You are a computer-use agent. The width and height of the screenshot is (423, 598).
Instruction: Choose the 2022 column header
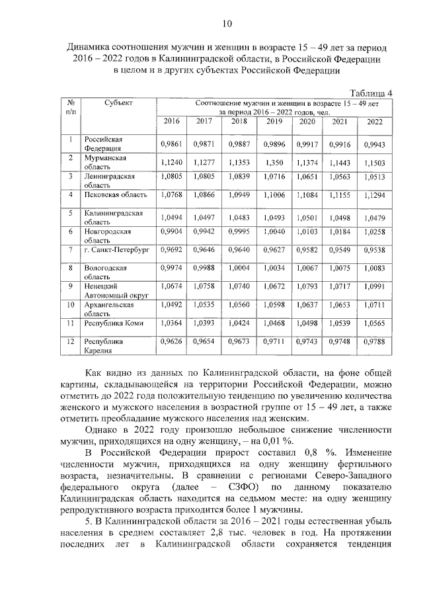point(375,122)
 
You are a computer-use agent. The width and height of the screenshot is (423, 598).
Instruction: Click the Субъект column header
point(118,103)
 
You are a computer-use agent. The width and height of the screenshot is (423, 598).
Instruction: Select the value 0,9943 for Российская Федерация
point(375,144)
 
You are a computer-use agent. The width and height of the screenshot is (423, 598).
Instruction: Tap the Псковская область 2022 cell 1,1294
point(375,197)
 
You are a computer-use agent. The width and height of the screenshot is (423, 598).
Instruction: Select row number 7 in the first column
point(70,250)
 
